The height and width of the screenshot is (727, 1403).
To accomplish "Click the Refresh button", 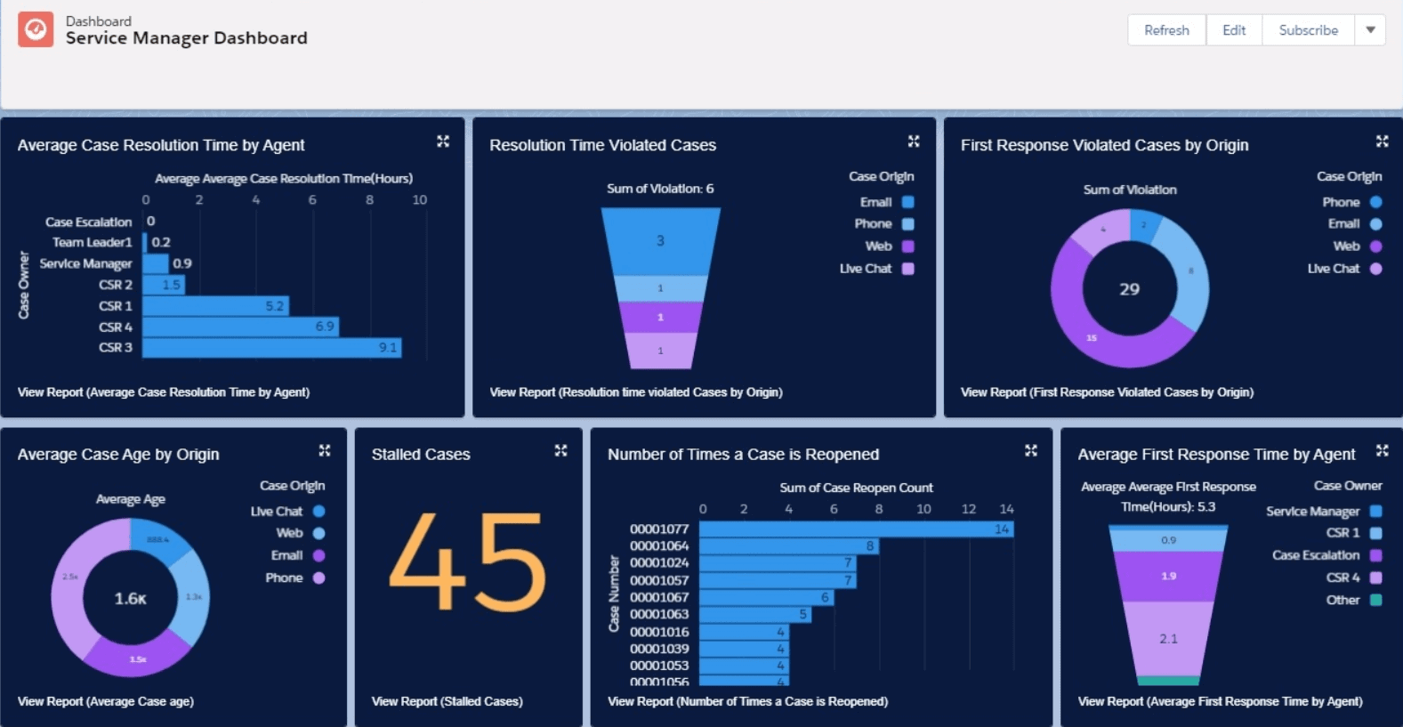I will [x=1166, y=30].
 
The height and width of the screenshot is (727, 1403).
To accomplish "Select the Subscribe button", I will [x=1308, y=30].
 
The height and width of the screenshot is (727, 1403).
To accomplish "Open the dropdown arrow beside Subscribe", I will [x=1370, y=30].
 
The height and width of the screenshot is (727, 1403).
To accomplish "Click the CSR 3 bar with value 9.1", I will [x=271, y=348].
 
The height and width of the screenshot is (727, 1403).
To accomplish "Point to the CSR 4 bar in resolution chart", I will [x=240, y=327].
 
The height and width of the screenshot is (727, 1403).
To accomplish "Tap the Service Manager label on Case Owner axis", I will [x=85, y=263].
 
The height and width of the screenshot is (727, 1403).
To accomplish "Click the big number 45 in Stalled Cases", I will [x=468, y=562].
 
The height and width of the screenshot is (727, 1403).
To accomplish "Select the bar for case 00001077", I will [x=856, y=529].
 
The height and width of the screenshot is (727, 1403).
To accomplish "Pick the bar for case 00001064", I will [x=789, y=546].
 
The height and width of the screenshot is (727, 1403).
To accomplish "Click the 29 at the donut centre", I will [x=1129, y=289].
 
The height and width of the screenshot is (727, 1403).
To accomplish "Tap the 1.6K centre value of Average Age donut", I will [x=130, y=599].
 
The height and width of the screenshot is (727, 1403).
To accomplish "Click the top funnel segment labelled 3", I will [x=660, y=241].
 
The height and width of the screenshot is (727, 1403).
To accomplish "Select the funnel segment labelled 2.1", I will [x=1168, y=639].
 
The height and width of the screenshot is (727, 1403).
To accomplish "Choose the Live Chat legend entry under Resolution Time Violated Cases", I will [x=875, y=269].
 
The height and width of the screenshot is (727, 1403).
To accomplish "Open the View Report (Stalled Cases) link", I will [x=447, y=701].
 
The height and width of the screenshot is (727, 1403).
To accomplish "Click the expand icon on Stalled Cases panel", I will [x=560, y=451].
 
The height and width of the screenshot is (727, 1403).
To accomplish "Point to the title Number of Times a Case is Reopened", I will [x=743, y=455].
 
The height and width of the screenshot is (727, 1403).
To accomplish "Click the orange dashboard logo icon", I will [x=36, y=29].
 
